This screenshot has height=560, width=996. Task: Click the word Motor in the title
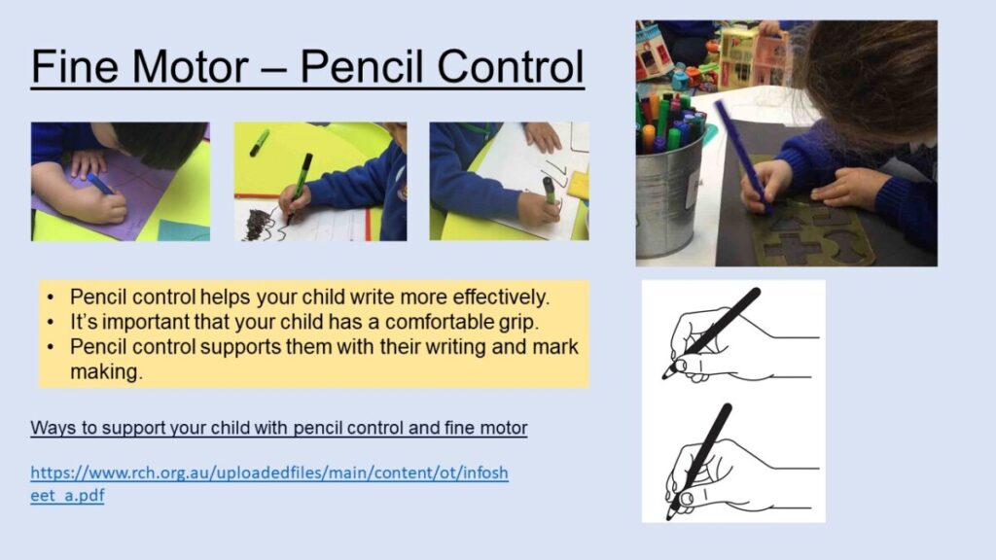point(192,66)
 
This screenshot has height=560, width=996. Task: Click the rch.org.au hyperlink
point(269,484)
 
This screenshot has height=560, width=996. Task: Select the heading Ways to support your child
point(279,428)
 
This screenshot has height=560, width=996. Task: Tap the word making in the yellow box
point(106,372)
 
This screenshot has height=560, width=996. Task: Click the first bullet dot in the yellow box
point(51,297)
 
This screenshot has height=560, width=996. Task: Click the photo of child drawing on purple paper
point(120,182)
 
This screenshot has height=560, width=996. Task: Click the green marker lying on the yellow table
point(259,143)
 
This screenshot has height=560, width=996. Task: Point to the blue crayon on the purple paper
point(100,184)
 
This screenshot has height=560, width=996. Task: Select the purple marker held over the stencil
point(740,155)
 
